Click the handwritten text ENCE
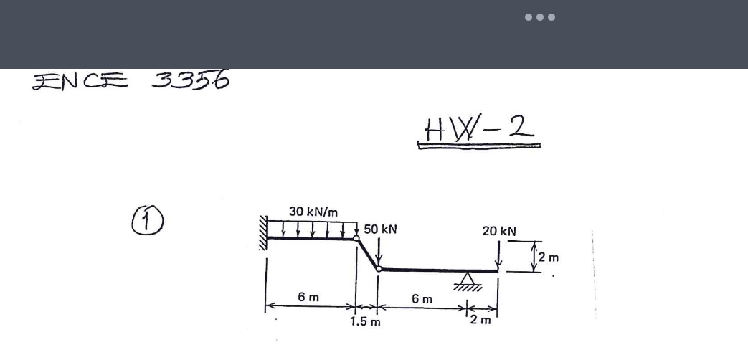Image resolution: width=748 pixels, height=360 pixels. click(x=80, y=81)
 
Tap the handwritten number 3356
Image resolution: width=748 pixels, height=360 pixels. click(x=191, y=80)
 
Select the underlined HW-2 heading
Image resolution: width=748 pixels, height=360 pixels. click(x=479, y=131)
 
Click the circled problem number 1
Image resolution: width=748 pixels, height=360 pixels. click(x=148, y=220)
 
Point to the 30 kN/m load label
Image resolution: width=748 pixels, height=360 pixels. click(x=313, y=212)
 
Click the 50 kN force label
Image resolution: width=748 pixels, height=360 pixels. click(x=380, y=229)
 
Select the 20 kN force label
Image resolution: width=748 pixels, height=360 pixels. click(x=499, y=231)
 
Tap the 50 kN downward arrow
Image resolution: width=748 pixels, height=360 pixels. click(x=379, y=251)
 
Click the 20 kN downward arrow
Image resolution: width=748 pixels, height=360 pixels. click(x=498, y=255)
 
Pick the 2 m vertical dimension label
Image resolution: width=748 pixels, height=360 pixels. click(x=549, y=257)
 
